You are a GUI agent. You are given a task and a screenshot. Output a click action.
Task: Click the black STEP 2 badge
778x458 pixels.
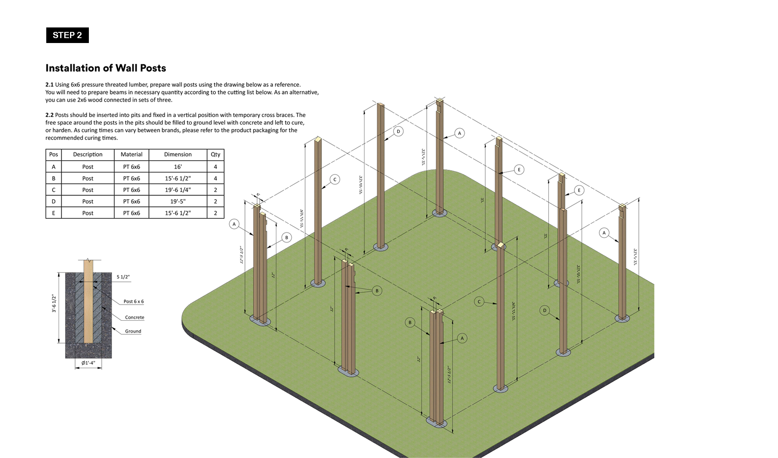[67, 35]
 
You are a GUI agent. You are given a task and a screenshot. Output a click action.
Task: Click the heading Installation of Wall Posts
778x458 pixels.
[106, 68]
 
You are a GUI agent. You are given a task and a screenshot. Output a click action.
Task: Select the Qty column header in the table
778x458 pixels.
[215, 154]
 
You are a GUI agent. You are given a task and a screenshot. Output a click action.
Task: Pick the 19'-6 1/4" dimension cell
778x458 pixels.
[178, 190]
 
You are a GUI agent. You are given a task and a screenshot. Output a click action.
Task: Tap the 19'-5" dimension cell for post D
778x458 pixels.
[178, 202]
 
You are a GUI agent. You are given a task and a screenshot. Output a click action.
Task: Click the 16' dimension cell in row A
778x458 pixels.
[178, 167]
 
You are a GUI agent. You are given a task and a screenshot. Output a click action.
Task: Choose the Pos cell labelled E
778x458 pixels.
[54, 213]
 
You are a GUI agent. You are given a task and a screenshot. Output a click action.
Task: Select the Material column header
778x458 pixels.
[131, 154]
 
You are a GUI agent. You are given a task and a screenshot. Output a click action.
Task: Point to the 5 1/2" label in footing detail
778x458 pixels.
[123, 277]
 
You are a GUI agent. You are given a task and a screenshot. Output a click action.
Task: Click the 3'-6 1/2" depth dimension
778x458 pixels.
[54, 304]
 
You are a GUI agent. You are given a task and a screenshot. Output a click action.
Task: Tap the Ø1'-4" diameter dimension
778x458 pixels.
[88, 363]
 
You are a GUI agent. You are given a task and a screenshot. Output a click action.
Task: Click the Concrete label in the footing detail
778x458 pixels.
[134, 317]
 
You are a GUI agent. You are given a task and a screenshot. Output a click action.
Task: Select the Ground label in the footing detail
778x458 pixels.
[133, 331]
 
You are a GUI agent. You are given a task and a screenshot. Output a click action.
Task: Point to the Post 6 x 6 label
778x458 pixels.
[133, 302]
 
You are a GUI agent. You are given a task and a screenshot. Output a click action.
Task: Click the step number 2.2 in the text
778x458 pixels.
[50, 115]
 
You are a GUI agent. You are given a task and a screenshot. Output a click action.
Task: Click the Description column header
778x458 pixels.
[88, 154]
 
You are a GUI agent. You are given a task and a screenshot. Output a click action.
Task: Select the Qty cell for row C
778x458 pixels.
[215, 190]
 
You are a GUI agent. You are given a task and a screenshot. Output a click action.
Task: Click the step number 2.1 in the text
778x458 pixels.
[50, 85]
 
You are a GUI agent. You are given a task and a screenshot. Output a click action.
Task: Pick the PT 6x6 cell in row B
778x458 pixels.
[131, 179]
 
